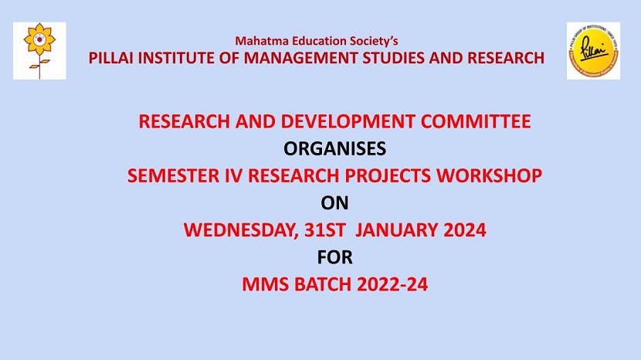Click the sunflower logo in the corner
pyautogui.click(x=39, y=50)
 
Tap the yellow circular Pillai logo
pyautogui.click(x=593, y=50)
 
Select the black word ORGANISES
pyautogui.click(x=334, y=148)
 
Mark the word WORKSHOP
pyautogui.click(x=495, y=175)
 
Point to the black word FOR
pyautogui.click(x=334, y=256)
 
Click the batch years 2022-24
pyautogui.click(x=392, y=284)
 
